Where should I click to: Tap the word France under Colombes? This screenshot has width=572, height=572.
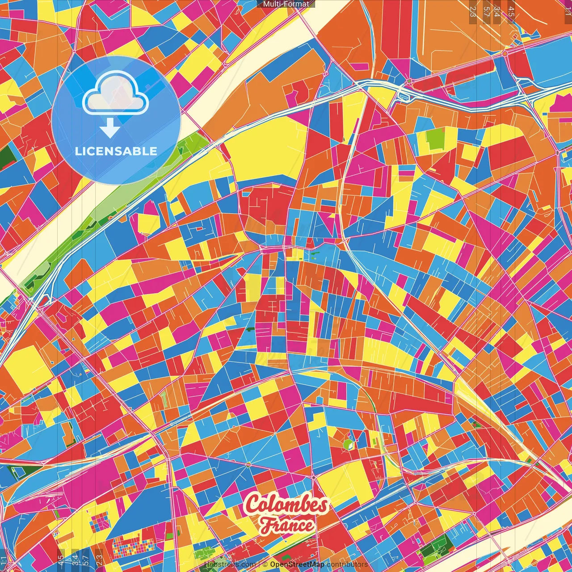click(x=287, y=525)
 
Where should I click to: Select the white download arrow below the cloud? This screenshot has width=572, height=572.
click(x=109, y=128)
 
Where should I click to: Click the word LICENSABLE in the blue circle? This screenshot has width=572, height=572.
click(x=116, y=151)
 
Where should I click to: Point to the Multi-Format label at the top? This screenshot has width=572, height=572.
click(x=286, y=4)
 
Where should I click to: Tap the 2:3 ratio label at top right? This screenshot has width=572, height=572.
click(x=473, y=11)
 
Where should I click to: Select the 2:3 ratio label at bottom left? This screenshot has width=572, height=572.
click(x=99, y=559)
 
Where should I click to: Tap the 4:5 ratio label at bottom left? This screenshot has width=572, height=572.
click(x=60, y=559)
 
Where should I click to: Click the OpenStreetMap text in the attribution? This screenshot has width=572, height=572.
click(x=297, y=564)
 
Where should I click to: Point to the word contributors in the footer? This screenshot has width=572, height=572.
click(x=347, y=564)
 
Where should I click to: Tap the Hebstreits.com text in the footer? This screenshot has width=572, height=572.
click(x=230, y=564)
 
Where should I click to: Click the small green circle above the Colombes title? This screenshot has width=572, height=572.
click(x=348, y=444)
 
